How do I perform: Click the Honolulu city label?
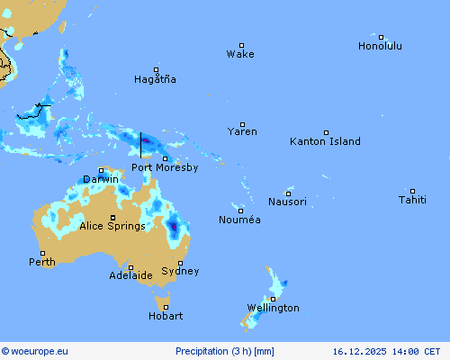pos(380,46)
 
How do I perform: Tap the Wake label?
pos(240,54)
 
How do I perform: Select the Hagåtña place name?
pos(155,79)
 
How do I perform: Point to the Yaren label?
pos(242,131)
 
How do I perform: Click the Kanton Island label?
pos(325,141)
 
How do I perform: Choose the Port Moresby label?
pos(165,167)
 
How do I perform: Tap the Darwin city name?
pos(100,179)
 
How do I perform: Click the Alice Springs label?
pos(112,226)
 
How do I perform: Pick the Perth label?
pos(41,262)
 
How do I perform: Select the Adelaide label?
pos(130,275)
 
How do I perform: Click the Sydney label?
pos(180,271)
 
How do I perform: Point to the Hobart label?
pos(166,316)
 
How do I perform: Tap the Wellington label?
pos(274,308)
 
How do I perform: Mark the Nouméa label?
pos(240,220)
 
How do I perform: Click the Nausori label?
pos(287,202)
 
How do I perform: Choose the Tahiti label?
pos(412,200)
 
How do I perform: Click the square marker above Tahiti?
pos(412,191)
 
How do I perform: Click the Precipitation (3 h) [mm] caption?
pos(225,352)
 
